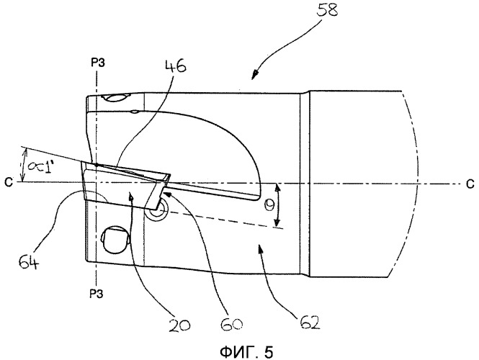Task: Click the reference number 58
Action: [327, 9]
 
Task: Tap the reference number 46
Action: [176, 66]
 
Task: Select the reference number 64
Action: [29, 262]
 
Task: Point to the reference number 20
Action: [179, 325]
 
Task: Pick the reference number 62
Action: [310, 322]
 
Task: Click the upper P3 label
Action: [98, 63]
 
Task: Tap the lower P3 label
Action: [97, 294]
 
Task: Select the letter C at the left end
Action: [9, 182]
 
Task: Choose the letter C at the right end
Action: [470, 184]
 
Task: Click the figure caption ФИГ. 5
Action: [246, 352]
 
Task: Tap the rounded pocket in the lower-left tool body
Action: [115, 239]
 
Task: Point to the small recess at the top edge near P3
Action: [115, 98]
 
